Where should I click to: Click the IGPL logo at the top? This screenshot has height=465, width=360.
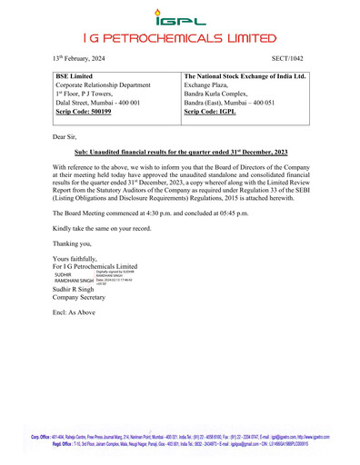(x=180, y=15)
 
